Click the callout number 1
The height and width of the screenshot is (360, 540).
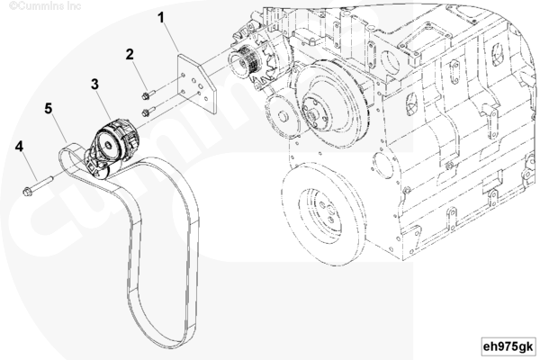(x=161, y=18)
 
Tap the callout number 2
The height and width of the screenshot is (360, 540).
(x=130, y=54)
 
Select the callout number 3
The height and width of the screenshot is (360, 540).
(x=95, y=84)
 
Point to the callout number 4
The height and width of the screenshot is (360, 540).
(x=19, y=147)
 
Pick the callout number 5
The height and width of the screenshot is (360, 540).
(x=49, y=109)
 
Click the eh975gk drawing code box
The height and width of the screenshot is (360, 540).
(x=508, y=346)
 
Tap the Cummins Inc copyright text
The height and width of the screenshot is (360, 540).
(x=45, y=6)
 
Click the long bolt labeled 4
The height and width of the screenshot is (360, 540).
(x=38, y=185)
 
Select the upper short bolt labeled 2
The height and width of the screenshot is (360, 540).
(x=148, y=94)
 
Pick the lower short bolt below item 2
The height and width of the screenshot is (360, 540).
(x=148, y=112)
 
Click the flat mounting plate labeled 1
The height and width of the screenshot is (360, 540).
(x=196, y=82)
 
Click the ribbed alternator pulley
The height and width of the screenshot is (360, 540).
(x=246, y=64)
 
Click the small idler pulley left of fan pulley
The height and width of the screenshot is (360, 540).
(x=283, y=115)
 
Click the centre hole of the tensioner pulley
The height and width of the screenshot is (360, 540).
(x=108, y=146)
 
